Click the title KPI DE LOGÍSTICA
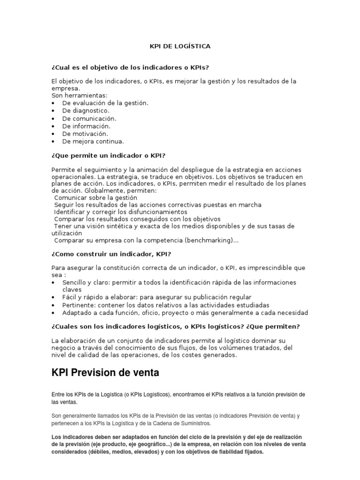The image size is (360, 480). [x=180, y=46]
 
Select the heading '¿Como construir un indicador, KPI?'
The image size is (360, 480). [x=111, y=254]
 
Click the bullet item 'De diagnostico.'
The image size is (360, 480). [x=86, y=111]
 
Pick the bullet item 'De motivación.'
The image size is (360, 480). [x=85, y=134]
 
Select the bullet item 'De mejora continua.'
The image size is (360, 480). [x=93, y=141]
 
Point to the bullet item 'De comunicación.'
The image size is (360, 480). [x=90, y=119]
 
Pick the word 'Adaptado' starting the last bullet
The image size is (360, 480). [x=76, y=312]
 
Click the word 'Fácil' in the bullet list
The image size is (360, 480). [x=70, y=297]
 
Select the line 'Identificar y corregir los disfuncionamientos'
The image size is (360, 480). [x=120, y=212]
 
